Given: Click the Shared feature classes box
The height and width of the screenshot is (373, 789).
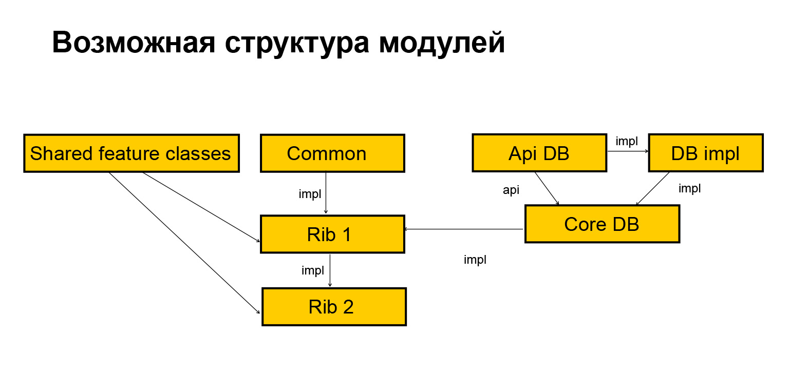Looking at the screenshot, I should pyautogui.click(x=131, y=153).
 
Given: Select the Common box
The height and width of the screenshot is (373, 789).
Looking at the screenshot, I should pyautogui.click(x=332, y=153).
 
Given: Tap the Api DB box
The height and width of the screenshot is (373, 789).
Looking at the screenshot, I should pyautogui.click(x=539, y=153).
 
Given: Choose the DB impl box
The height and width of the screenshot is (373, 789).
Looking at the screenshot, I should pyautogui.click(x=705, y=153).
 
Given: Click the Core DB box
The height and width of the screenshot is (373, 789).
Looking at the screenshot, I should pyautogui.click(x=602, y=224).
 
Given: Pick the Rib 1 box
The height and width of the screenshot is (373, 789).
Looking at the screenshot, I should pyautogui.click(x=332, y=234).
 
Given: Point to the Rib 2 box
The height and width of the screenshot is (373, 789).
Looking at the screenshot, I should pyautogui.click(x=334, y=306).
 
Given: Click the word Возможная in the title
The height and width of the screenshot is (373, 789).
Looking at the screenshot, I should pyautogui.click(x=134, y=43).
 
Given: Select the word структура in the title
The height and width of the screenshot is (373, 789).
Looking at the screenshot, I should pyautogui.click(x=297, y=43).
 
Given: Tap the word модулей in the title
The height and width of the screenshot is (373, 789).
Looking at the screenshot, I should pyautogui.click(x=442, y=43).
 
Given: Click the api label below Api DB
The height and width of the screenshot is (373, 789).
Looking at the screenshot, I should pyautogui.click(x=511, y=190).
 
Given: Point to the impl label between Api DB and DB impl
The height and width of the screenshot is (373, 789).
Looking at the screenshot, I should pyautogui.click(x=627, y=142).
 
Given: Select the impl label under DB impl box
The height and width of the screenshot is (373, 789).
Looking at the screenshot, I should pyautogui.click(x=689, y=189).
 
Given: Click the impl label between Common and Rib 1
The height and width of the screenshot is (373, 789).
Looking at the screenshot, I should pyautogui.click(x=310, y=194).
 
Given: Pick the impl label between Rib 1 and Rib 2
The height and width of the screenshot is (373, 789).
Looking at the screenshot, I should pyautogui.click(x=312, y=270).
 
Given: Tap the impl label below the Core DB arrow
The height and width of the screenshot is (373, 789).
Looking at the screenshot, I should pyautogui.click(x=475, y=260).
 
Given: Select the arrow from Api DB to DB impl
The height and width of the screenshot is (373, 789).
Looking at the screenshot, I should pyautogui.click(x=627, y=151).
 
